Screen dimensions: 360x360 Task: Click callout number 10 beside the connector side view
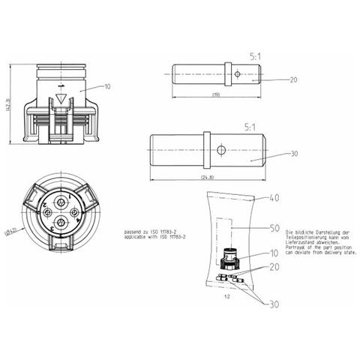(x=107, y=87)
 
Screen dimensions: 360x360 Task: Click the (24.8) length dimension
(x=208, y=177)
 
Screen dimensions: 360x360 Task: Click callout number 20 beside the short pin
(x=293, y=79)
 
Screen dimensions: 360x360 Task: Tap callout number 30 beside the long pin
(x=293, y=153)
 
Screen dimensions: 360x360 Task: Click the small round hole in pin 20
(x=237, y=74)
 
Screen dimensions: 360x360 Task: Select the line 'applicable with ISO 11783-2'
(x=154, y=238)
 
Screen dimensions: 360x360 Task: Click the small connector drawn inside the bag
(x=231, y=259)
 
